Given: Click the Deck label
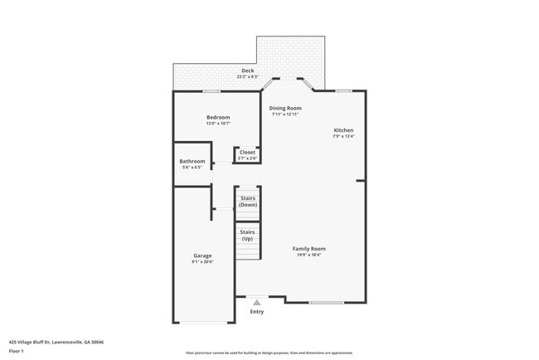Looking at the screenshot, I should (247, 71).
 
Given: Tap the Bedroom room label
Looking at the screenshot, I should (218, 118).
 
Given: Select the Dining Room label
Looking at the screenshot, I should (286, 108).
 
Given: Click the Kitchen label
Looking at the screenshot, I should (344, 130).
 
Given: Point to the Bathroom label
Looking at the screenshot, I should (192, 161).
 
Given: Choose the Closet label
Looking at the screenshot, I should (247, 152).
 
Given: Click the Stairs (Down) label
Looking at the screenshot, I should (247, 202).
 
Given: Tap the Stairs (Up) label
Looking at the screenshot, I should (247, 235).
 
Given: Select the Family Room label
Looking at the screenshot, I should (308, 249).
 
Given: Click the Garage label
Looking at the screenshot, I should (202, 255).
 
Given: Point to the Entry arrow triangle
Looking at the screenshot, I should (257, 303).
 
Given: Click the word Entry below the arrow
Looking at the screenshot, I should (257, 312).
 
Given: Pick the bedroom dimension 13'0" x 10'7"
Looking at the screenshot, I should (218, 124).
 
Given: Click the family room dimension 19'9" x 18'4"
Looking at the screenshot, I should (308, 255).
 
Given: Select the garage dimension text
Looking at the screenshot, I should (202, 262).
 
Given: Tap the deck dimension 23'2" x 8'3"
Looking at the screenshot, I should (247, 77).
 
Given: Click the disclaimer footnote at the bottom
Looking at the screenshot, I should (269, 353).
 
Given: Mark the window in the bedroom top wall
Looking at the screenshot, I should (212, 90).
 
